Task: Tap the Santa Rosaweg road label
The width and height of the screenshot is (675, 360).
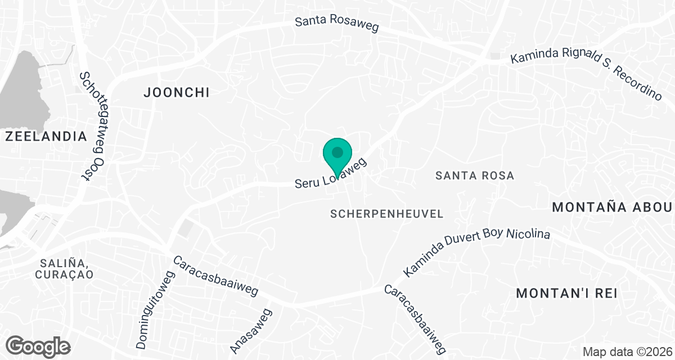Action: [x=337, y=24]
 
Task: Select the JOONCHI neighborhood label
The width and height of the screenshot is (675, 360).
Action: [x=177, y=93]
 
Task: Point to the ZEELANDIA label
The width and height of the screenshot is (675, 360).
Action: [x=46, y=136]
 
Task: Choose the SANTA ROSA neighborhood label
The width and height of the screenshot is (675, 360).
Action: [x=475, y=175]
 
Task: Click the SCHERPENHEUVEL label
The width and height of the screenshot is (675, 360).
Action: [x=387, y=214]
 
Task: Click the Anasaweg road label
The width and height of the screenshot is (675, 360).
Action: [x=251, y=331]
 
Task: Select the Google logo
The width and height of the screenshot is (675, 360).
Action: [x=39, y=346]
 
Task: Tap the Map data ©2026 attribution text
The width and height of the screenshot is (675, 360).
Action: [x=628, y=352]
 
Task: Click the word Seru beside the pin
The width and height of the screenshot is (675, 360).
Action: [x=308, y=183]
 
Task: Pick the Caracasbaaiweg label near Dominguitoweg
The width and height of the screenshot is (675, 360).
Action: [x=215, y=277]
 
